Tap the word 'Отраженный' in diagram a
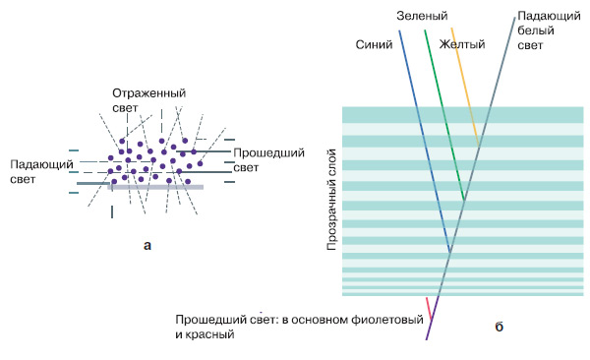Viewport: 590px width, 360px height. pos(147,92)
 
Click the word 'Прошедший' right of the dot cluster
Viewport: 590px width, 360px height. pos(265,154)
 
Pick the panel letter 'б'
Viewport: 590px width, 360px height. pos(500,325)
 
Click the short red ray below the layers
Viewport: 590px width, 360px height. pos(427,306)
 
